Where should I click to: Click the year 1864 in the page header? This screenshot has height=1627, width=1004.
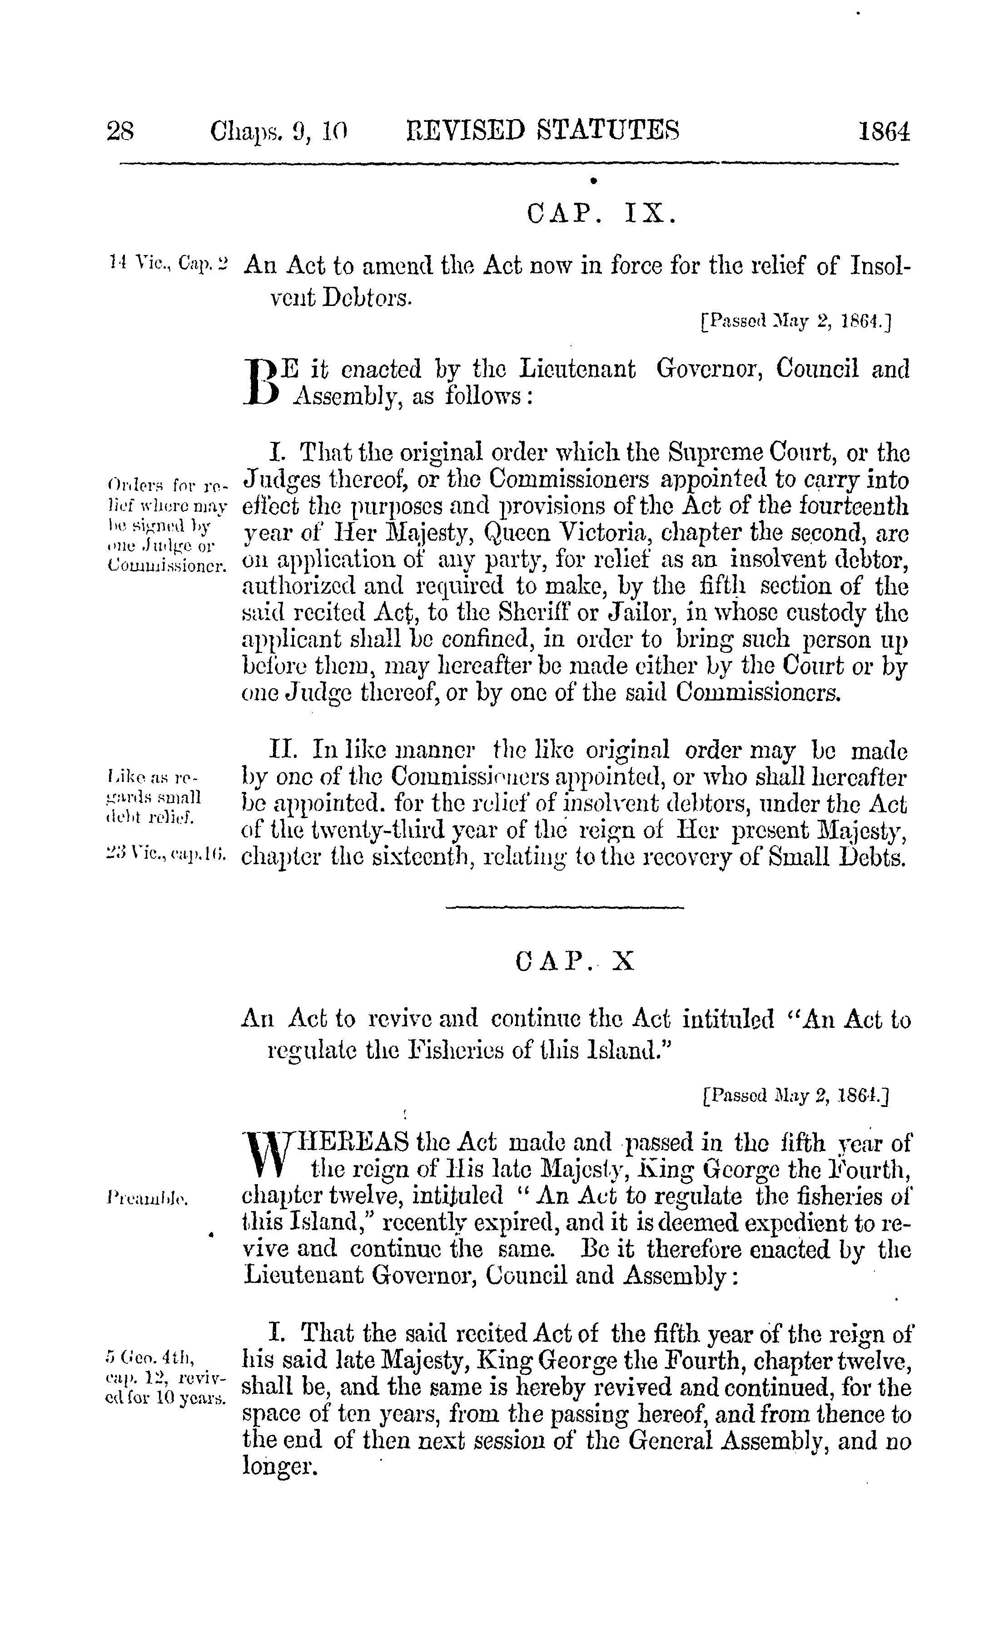coord(883,131)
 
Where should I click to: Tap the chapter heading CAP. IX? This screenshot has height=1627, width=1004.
coord(601,214)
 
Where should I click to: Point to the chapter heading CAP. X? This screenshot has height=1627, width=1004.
coord(575,962)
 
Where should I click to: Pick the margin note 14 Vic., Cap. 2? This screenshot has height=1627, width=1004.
coord(168,265)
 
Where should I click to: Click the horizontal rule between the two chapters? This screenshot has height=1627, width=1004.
coord(564,907)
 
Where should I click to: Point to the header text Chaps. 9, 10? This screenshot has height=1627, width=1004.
coord(279,131)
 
